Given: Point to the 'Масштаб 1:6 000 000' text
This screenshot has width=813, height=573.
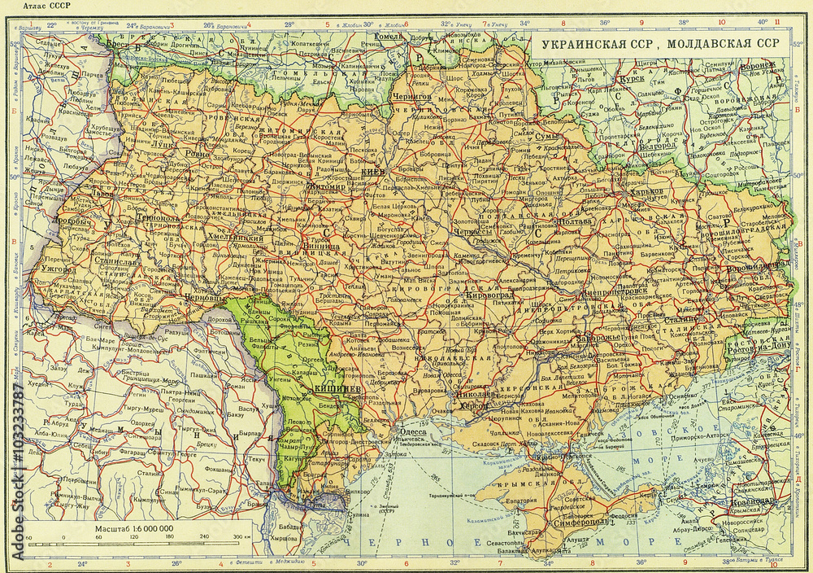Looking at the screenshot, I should pos(133,529).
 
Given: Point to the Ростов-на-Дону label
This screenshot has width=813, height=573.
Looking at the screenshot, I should pos(762,344).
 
